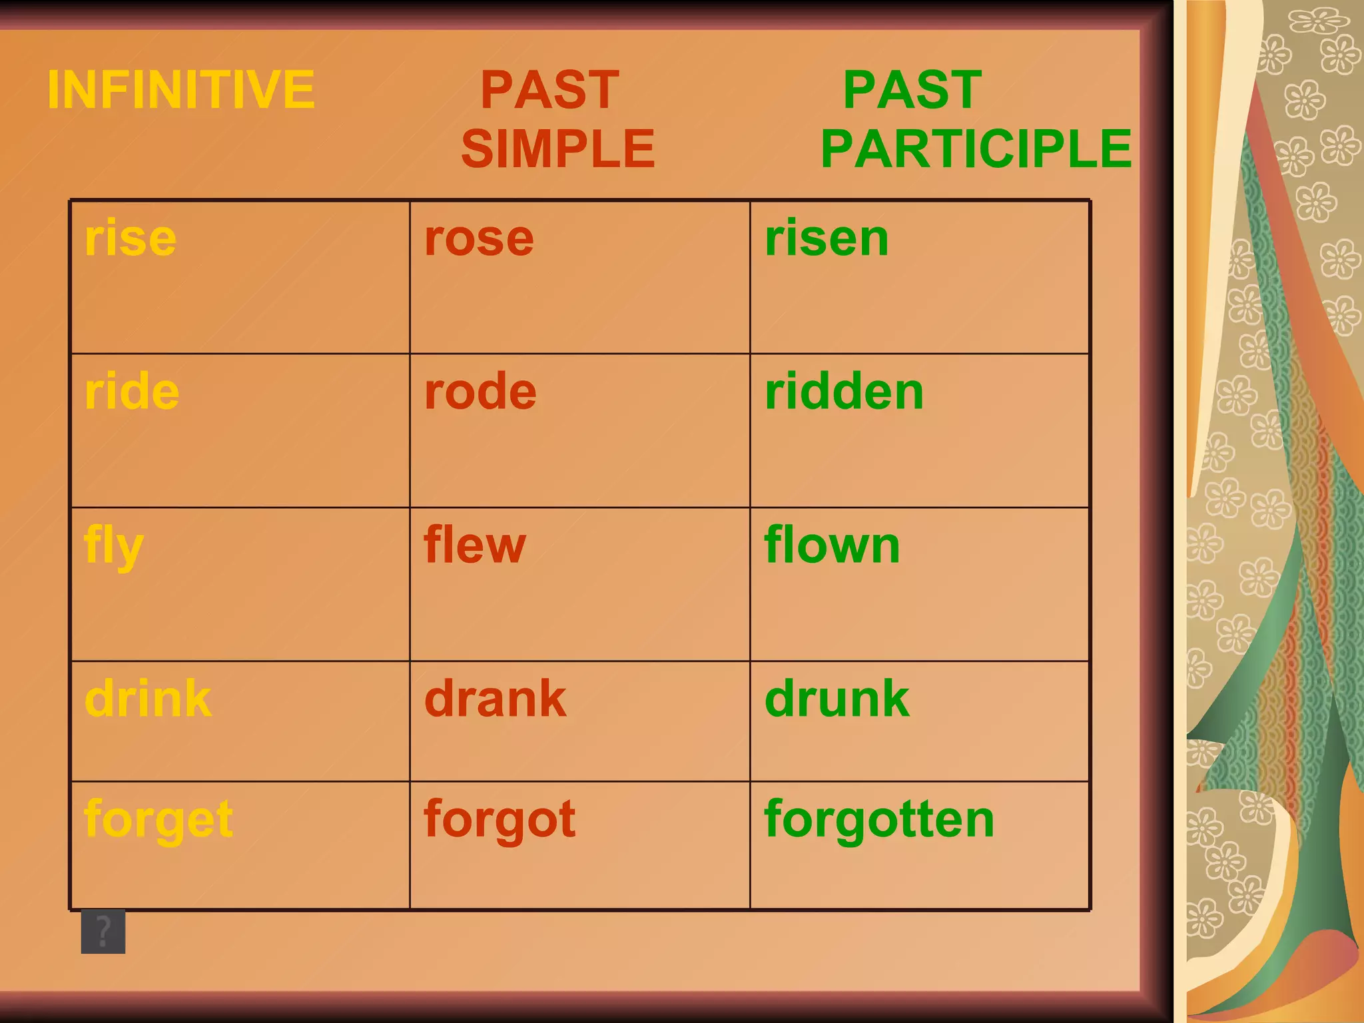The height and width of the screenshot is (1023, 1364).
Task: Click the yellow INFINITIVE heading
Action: click(180, 90)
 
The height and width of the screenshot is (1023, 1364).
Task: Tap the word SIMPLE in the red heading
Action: click(558, 149)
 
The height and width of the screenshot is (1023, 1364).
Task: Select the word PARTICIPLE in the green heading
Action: click(976, 149)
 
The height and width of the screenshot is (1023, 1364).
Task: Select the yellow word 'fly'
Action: click(114, 546)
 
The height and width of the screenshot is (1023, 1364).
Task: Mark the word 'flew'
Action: click(475, 545)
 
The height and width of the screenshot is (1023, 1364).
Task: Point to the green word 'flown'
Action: click(832, 545)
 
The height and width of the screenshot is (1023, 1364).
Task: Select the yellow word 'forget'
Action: click(159, 819)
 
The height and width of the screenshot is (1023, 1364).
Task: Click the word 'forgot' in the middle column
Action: click(500, 819)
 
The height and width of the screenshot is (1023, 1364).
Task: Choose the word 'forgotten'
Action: click(879, 819)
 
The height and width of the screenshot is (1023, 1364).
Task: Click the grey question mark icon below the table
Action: click(103, 931)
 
